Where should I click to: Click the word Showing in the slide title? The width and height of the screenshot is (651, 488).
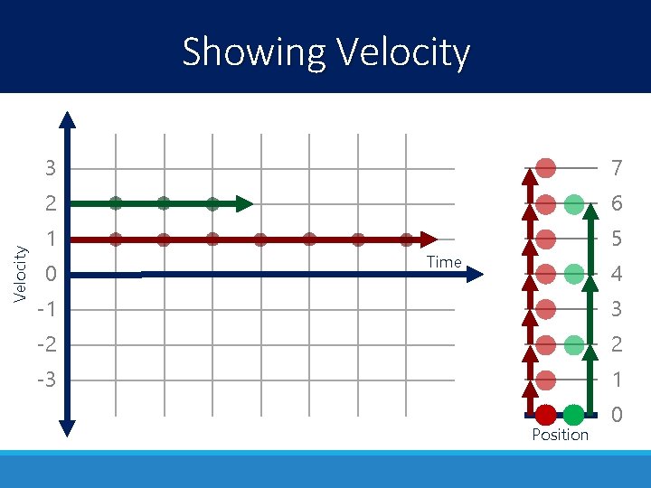[253, 52]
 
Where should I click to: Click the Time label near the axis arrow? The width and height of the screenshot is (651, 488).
[444, 262]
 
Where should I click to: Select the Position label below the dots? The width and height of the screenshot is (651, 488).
[560, 435]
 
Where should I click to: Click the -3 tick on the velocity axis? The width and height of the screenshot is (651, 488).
[46, 380]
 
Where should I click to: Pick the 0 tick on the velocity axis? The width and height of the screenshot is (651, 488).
[52, 274]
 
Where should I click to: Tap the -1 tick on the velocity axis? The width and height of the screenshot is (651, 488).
[46, 309]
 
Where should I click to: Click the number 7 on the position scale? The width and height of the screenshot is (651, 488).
[616, 169]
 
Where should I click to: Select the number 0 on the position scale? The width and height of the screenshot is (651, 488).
[616, 416]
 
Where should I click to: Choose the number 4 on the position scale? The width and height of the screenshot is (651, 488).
[616, 274]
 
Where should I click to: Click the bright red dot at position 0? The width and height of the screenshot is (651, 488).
[545, 415]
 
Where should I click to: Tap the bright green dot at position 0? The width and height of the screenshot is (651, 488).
[573, 415]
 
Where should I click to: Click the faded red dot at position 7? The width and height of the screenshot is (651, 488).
[545, 168]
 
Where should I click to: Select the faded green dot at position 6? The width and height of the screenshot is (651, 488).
[573, 204]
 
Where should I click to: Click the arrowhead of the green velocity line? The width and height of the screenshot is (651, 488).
[244, 203]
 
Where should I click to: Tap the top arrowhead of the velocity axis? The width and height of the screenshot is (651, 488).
[68, 120]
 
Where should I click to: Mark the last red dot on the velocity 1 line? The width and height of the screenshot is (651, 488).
[406, 239]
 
